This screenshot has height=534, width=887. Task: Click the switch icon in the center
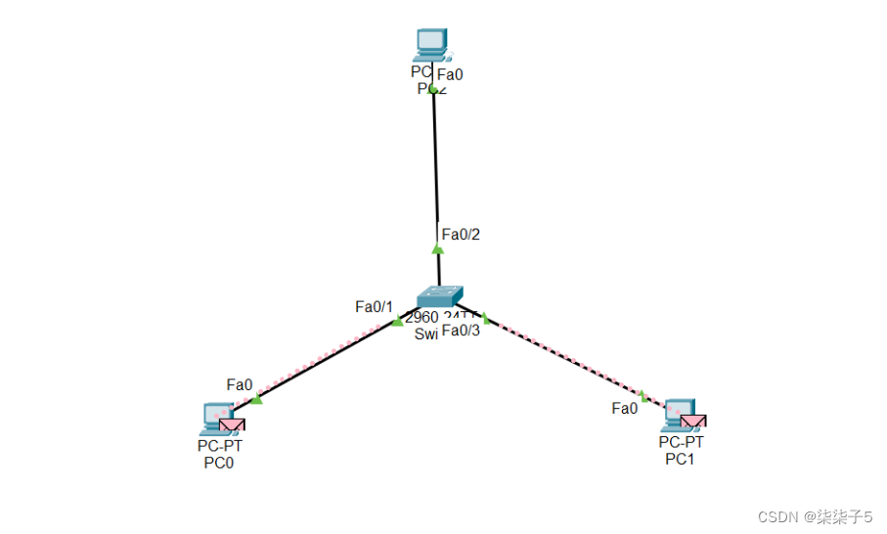(439, 296)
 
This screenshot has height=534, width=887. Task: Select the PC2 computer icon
(431, 44)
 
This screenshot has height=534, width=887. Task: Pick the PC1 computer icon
(677, 414)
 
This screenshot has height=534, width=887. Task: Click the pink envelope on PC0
(232, 424)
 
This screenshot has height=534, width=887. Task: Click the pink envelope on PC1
(693, 422)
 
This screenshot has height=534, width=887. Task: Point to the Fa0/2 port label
(461, 235)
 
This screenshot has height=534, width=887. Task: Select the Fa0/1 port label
(374, 307)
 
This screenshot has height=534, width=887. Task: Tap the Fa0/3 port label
(461, 331)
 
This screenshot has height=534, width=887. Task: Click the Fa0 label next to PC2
(450, 74)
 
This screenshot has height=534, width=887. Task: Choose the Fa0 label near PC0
(240, 384)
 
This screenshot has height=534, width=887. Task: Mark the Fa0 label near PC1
(625, 408)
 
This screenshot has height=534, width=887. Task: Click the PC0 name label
(219, 464)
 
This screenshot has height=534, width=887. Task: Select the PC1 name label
(680, 459)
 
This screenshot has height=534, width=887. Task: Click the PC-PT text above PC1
(681, 442)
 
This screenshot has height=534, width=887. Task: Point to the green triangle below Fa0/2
(438, 248)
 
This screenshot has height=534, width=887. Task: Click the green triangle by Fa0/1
(397, 321)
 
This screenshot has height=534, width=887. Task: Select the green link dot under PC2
(433, 89)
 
